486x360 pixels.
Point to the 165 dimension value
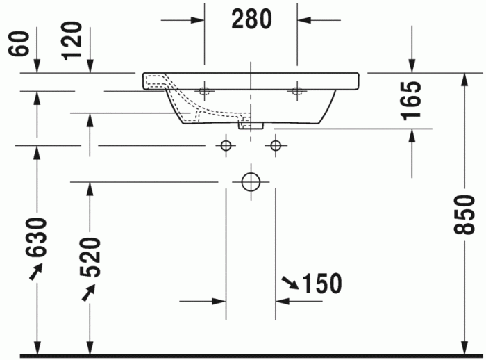click(x=411, y=100)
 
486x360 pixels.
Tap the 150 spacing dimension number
click(x=321, y=283)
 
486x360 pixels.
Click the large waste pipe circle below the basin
click(x=251, y=182)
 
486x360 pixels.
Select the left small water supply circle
click(x=225, y=145)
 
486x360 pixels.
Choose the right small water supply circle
click(x=276, y=145)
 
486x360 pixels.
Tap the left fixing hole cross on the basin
click(x=205, y=90)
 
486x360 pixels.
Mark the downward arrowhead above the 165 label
click(x=412, y=66)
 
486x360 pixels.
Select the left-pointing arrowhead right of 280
click(x=305, y=19)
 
